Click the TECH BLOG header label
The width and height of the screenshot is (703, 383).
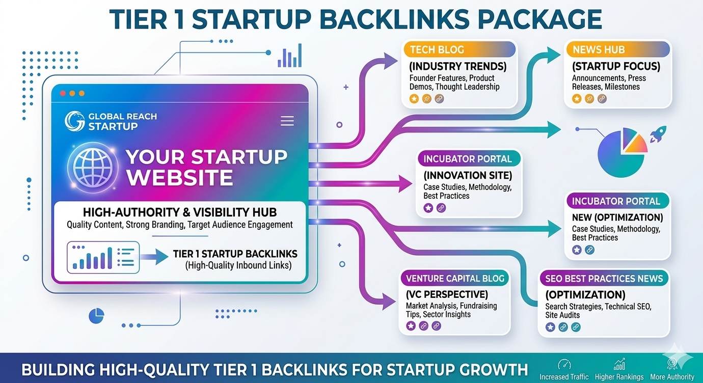coord(437,49)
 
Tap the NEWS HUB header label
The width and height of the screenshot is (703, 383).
coord(599,49)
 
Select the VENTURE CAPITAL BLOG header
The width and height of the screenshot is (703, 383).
coord(455,278)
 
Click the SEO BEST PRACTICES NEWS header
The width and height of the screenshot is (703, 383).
coord(604,279)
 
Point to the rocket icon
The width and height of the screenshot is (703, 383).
coord(658,134)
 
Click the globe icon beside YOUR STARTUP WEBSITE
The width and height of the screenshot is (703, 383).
coord(93,167)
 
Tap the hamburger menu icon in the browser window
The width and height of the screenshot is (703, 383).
coord(287,121)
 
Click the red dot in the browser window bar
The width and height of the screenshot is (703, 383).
coord(63,93)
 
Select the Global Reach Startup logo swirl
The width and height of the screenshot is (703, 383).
coord(74,121)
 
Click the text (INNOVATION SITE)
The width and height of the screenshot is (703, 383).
coord(468,175)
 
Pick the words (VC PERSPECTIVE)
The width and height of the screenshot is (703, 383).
coord(447,294)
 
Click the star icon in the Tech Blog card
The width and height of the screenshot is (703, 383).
coord(414,99)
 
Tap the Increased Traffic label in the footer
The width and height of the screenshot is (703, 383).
coord(563,377)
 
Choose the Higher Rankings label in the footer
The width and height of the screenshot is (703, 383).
coord(619,377)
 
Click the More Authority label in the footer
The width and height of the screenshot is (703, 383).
coord(672,377)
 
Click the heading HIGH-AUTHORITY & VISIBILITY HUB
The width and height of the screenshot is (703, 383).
coord(180,212)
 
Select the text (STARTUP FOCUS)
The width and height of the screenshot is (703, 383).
coord(616,66)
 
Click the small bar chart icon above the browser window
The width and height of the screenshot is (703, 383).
coord(290,56)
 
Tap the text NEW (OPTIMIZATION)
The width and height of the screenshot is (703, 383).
coord(617,217)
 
